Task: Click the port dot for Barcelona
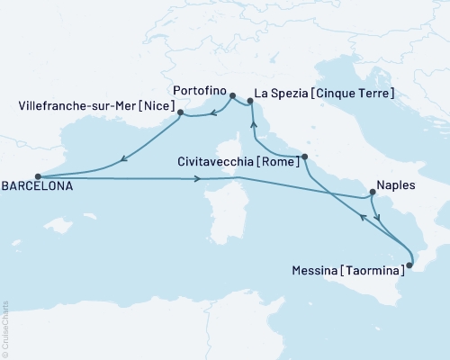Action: (37, 177)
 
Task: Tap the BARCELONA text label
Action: (36, 190)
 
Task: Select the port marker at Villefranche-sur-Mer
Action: (181, 112)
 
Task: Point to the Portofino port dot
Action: (232, 96)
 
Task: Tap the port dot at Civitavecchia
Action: (304, 157)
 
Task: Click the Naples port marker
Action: (372, 193)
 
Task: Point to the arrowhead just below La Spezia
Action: (252, 125)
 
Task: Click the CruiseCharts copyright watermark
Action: (5, 326)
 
